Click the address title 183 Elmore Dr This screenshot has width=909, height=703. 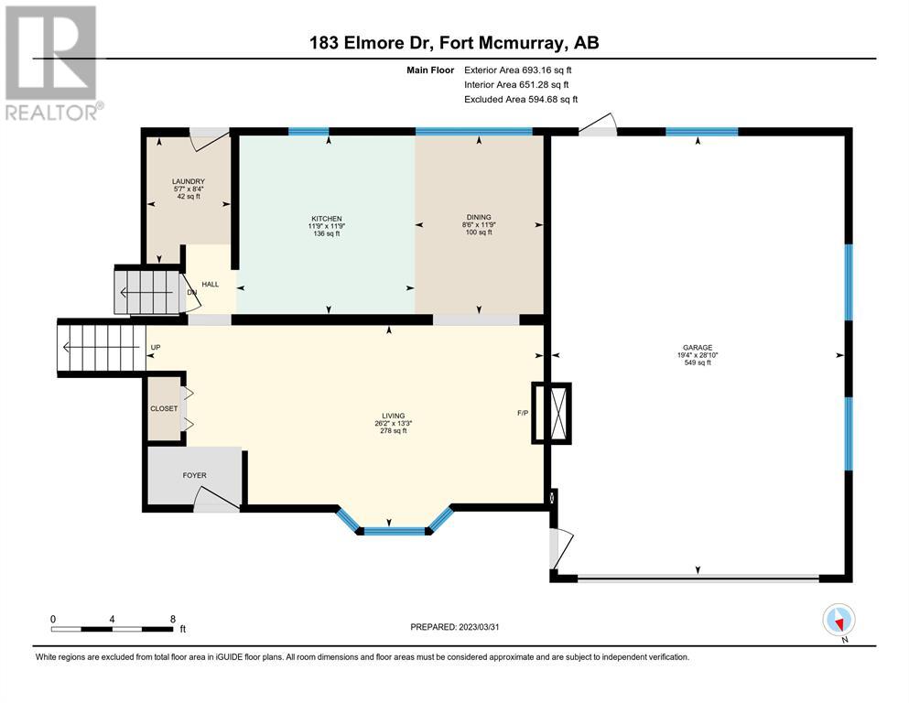tap(372, 43)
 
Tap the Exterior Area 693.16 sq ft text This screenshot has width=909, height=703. tap(518, 70)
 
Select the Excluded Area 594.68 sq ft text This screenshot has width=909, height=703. tap(521, 99)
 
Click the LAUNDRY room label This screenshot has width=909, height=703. tap(189, 181)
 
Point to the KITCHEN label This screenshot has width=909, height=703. tap(327, 219)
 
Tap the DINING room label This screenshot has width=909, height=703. tap(478, 217)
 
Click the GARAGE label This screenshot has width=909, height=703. tap(698, 348)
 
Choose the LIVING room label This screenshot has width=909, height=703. tap(393, 416)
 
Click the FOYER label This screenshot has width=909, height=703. tap(194, 475)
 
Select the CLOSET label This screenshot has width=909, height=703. tap(164, 408)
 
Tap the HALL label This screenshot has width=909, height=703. tap(210, 284)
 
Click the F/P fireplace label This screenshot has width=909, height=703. tap(523, 413)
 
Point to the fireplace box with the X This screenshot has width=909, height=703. tap(552, 414)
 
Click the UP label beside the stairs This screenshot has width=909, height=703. tap(156, 347)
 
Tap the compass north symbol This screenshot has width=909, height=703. tap(839, 620)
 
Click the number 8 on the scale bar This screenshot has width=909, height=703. tap(173, 619)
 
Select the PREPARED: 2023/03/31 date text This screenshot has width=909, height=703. tap(454, 627)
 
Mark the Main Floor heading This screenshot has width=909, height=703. tap(430, 70)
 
